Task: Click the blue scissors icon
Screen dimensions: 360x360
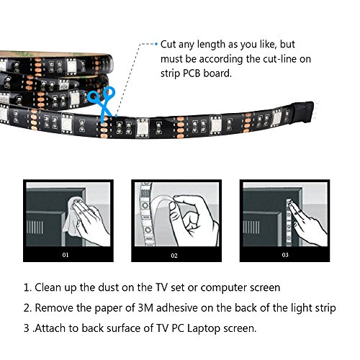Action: pyautogui.click(x=102, y=104)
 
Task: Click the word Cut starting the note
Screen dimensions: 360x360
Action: pyautogui.click(x=168, y=45)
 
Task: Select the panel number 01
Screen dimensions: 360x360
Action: pyautogui.click(x=66, y=255)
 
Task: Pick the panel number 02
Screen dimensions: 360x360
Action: pyautogui.click(x=174, y=256)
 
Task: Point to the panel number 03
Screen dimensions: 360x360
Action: pyautogui.click(x=285, y=255)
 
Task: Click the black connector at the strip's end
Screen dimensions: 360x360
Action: pyautogui.click(x=303, y=112)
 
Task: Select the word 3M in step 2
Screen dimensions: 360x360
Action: pyautogui.click(x=145, y=308)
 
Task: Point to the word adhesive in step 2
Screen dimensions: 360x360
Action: pyautogui.click(x=177, y=308)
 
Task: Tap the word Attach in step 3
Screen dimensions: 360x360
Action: pyautogui.click(x=50, y=328)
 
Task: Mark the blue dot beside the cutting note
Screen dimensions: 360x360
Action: pyautogui.click(x=156, y=44)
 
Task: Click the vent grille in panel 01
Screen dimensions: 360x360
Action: pyautogui.click(x=35, y=227)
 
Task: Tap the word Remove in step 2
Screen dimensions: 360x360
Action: pyautogui.click(x=54, y=308)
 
